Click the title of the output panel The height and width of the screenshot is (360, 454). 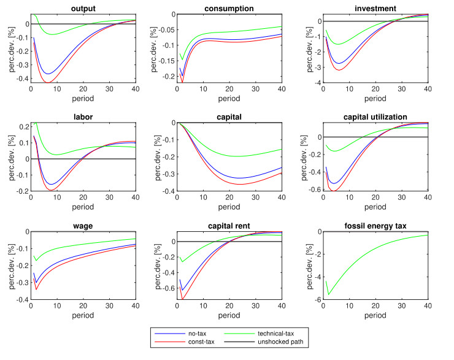[82, 8]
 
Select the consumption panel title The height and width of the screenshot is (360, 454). [229, 8]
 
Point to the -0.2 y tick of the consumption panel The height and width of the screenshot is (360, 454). [168, 78]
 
